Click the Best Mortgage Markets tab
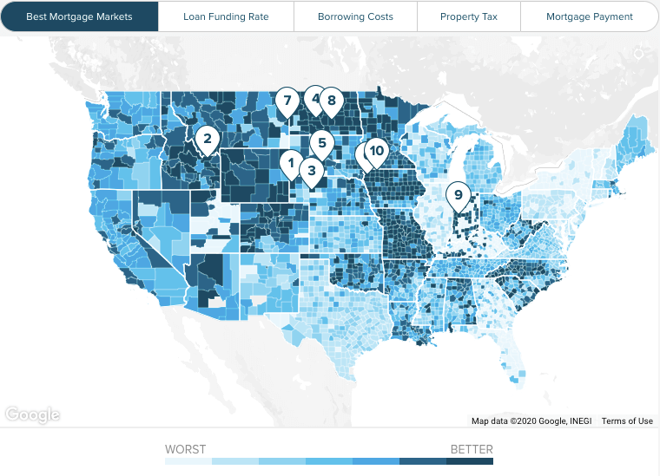point(79,16)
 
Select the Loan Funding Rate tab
point(226,16)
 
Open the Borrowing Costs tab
point(355,16)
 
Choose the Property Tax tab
point(468,16)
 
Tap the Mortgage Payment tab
point(589,16)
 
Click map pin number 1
point(292,161)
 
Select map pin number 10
point(376,152)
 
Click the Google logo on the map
point(32,414)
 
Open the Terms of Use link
point(627,421)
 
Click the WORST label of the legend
point(186,449)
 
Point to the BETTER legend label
point(472,449)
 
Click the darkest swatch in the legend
point(470,461)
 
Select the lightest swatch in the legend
point(188,461)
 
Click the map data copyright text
point(531,421)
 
